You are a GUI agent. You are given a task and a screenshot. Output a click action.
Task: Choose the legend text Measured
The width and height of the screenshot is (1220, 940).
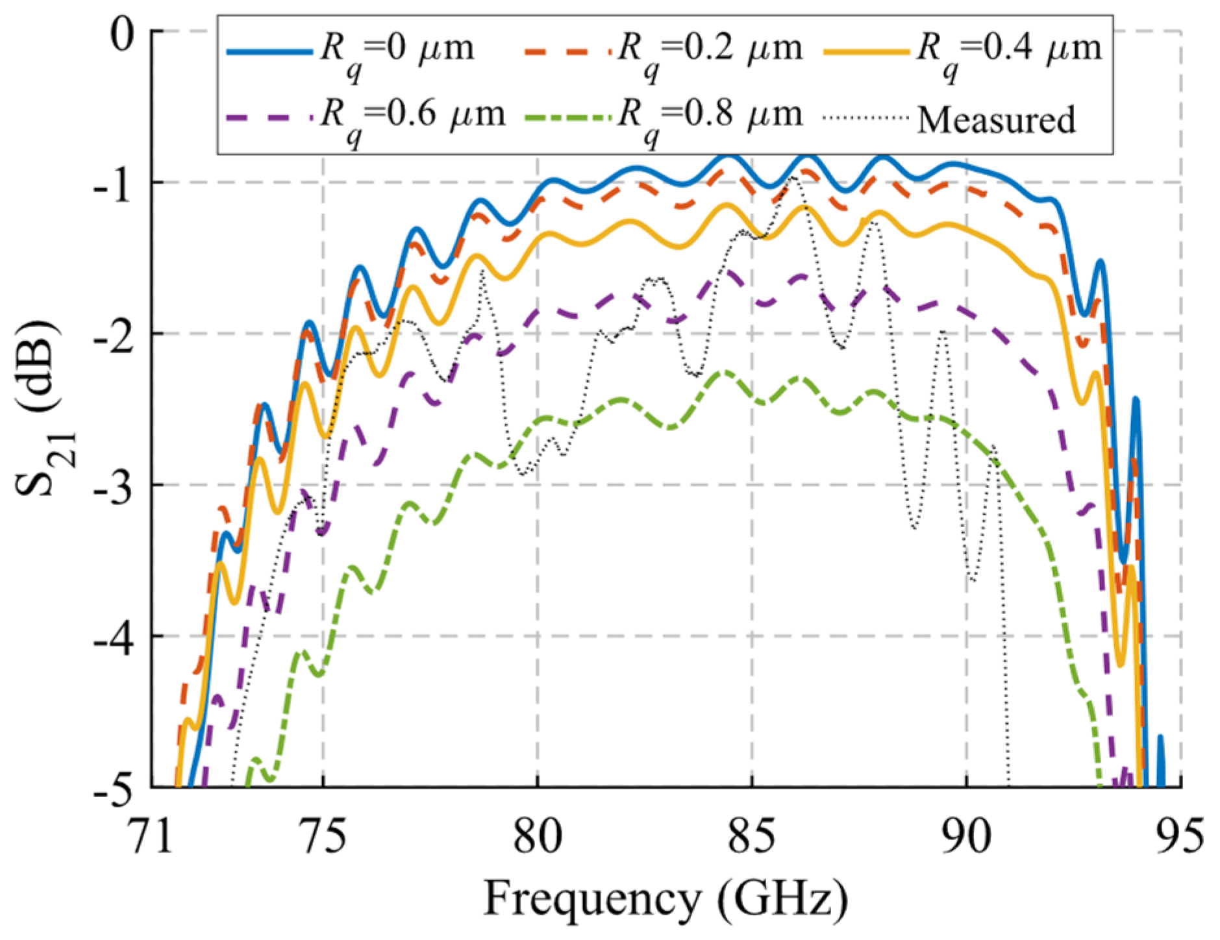click(x=996, y=120)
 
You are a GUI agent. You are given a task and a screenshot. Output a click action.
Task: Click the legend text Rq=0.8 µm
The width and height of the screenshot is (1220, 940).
click(x=710, y=117)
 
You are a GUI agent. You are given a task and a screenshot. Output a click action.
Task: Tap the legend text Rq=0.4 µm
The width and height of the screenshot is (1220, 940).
click(x=1009, y=51)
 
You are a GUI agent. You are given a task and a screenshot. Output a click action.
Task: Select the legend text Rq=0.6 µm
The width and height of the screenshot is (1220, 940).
click(x=413, y=117)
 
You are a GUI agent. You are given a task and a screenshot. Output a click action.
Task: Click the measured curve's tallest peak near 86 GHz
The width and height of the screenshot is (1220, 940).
click(x=794, y=177)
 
